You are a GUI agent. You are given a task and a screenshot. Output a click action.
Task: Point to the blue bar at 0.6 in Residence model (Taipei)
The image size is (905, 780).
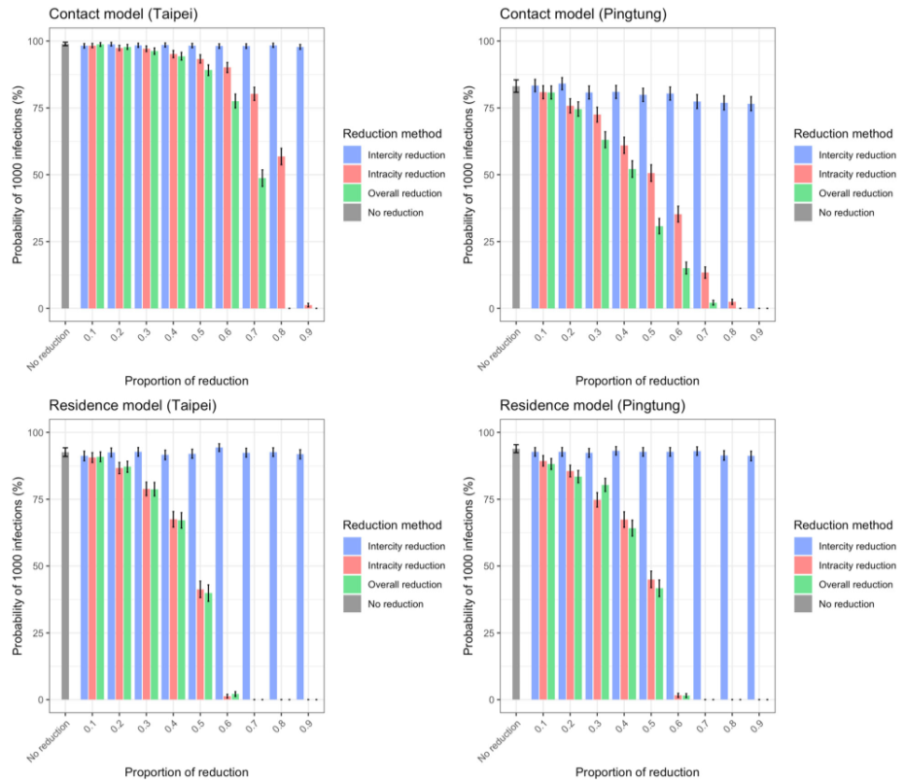pyautogui.click(x=219, y=573)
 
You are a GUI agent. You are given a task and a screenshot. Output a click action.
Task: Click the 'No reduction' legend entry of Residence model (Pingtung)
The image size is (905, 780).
pyautogui.click(x=847, y=604)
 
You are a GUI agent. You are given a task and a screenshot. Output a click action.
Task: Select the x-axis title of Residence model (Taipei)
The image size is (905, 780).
pyautogui.click(x=186, y=772)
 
